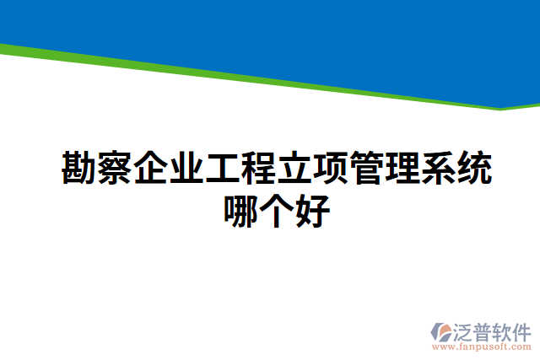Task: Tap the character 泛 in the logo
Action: [x=467, y=329]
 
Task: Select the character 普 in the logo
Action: [x=487, y=329]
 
